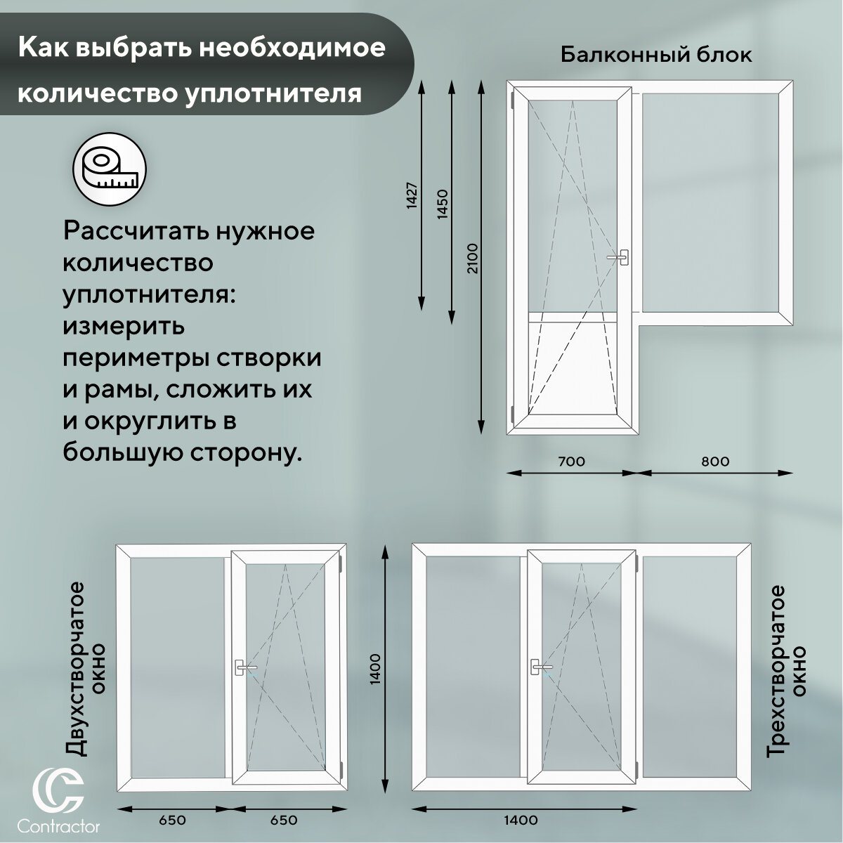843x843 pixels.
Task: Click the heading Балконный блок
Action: (656, 55)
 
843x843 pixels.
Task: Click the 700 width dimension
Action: (570, 462)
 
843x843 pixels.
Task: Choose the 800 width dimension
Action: (715, 462)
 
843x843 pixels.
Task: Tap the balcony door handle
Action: (620, 258)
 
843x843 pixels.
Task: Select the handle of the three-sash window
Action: (540, 667)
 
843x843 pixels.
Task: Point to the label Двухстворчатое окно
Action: (87, 678)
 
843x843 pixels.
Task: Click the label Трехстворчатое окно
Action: (785, 671)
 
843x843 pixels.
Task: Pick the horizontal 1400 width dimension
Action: (521, 820)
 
